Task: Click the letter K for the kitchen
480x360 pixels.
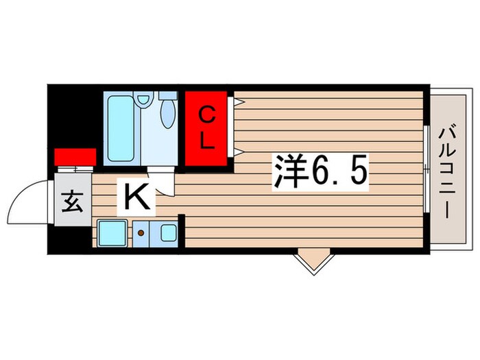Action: coord(136,199)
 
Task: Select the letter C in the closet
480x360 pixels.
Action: coord(206,115)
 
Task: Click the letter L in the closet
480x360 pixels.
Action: coord(207,143)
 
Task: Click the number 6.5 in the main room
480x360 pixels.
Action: coord(341,171)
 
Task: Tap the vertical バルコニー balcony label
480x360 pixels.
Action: coord(447,170)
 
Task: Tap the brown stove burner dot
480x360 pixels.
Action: coord(141,233)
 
